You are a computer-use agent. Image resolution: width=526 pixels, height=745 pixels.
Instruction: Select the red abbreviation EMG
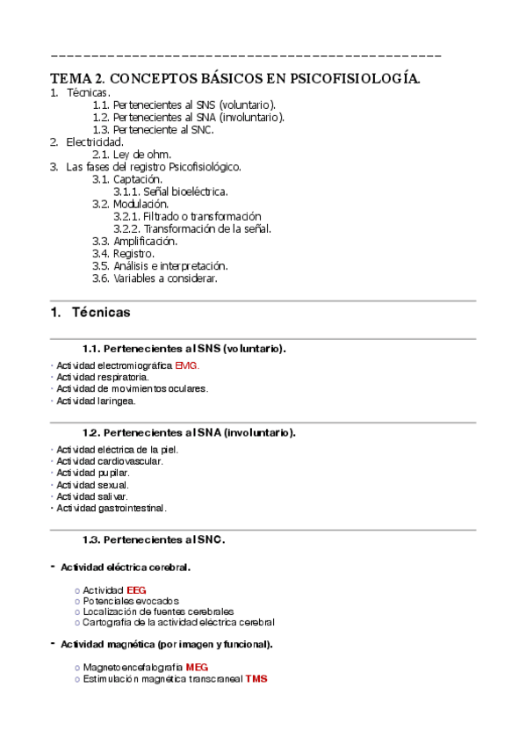point(187,365)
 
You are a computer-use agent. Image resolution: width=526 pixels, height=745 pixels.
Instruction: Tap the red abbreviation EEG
point(136,589)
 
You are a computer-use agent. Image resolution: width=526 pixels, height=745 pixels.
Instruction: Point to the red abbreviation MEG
point(197,668)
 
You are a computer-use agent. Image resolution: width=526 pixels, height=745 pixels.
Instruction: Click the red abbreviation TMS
point(256,679)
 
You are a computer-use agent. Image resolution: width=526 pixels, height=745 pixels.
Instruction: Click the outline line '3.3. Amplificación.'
point(134,241)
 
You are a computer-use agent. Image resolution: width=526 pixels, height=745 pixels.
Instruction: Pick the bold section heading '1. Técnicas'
point(90,313)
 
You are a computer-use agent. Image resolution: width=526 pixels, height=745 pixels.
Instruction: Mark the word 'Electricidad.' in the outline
point(95,141)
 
